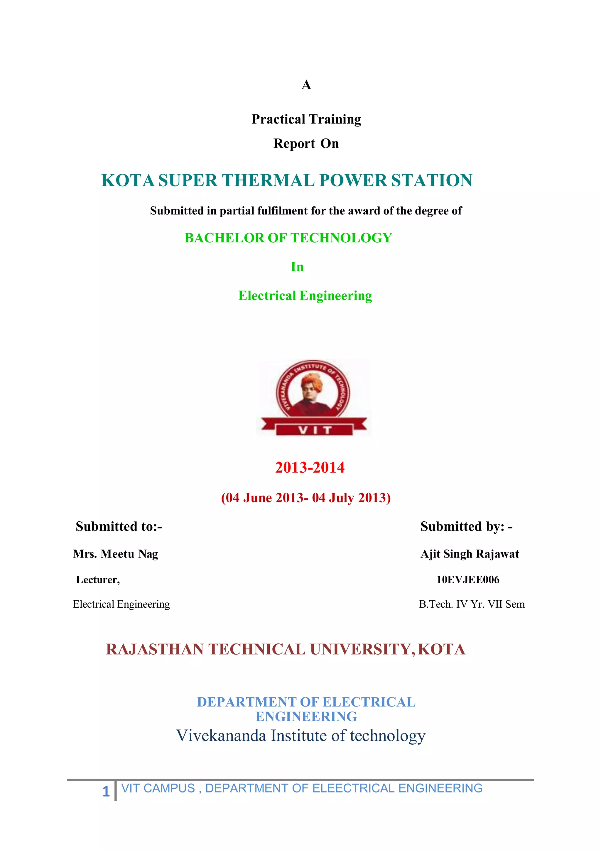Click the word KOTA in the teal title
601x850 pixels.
[x=128, y=181]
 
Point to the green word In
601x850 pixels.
[x=297, y=267]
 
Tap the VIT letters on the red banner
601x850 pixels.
[x=314, y=430]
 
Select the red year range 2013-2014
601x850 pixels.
[x=310, y=468]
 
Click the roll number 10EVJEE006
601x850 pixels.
[x=468, y=580]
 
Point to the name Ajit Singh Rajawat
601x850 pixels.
[x=470, y=554]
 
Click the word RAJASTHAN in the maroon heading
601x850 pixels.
[x=155, y=650]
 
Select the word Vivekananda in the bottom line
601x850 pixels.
[x=221, y=736]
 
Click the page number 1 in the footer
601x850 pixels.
[x=106, y=792]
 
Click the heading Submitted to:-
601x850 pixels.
[x=119, y=526]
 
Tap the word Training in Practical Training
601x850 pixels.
[x=335, y=119]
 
